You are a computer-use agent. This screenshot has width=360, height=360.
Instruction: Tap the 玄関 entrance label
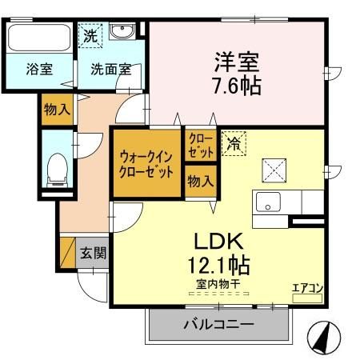(x=93, y=254)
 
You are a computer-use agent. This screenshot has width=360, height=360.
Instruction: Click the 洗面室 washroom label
(x=110, y=70)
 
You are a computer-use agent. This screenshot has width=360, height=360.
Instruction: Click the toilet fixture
(x=56, y=168)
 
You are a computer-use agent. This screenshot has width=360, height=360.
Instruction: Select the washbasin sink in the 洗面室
(x=122, y=32)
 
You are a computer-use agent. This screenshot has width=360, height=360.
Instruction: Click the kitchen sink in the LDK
(x=268, y=202)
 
